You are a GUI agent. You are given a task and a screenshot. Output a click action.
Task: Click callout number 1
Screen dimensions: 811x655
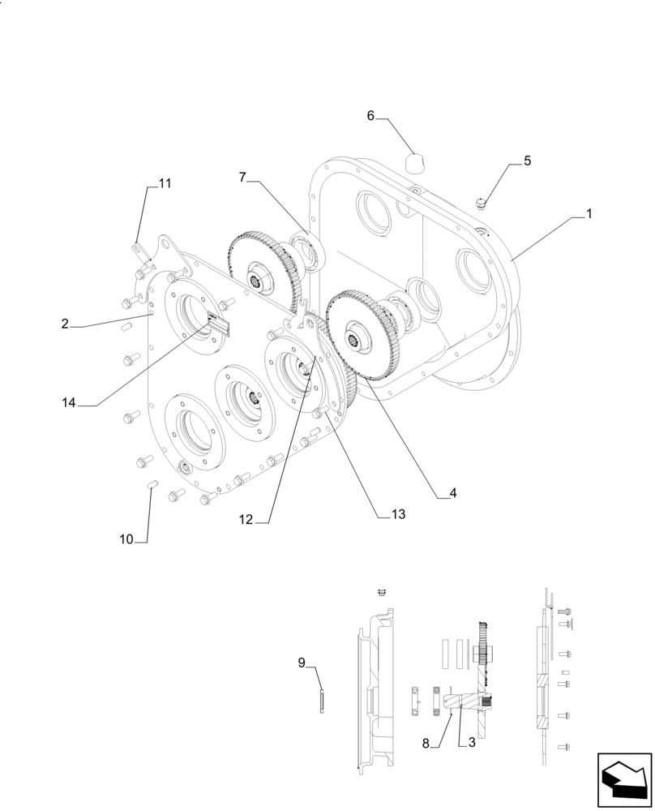pos(589,214)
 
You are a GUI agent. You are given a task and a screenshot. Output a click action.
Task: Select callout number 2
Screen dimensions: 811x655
pos(65,324)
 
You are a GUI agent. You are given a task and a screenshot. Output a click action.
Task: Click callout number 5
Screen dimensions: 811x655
pos(527,161)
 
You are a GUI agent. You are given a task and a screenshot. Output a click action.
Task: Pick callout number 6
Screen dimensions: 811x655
pos(370,116)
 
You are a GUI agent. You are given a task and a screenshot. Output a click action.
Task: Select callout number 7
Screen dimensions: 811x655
pos(243,177)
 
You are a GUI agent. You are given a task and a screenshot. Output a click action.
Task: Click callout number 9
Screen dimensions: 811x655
pos(302,663)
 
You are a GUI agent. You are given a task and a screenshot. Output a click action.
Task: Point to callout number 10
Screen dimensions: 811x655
pos(126,539)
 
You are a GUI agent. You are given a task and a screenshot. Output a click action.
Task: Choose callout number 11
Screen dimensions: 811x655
pos(165,183)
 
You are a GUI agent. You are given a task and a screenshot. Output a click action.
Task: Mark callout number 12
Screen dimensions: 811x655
pos(246,520)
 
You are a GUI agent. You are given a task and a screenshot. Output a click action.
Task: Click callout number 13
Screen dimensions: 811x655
pos(397,513)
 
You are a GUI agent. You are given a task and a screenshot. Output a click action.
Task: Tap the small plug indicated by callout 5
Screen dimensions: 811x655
pos(481,202)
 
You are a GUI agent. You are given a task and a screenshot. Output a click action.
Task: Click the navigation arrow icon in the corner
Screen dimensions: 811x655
pos(623,779)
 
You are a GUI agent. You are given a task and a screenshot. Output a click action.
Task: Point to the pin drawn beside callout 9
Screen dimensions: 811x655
pos(323,700)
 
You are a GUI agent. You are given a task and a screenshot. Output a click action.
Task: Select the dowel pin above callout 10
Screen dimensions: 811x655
pos(151,486)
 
